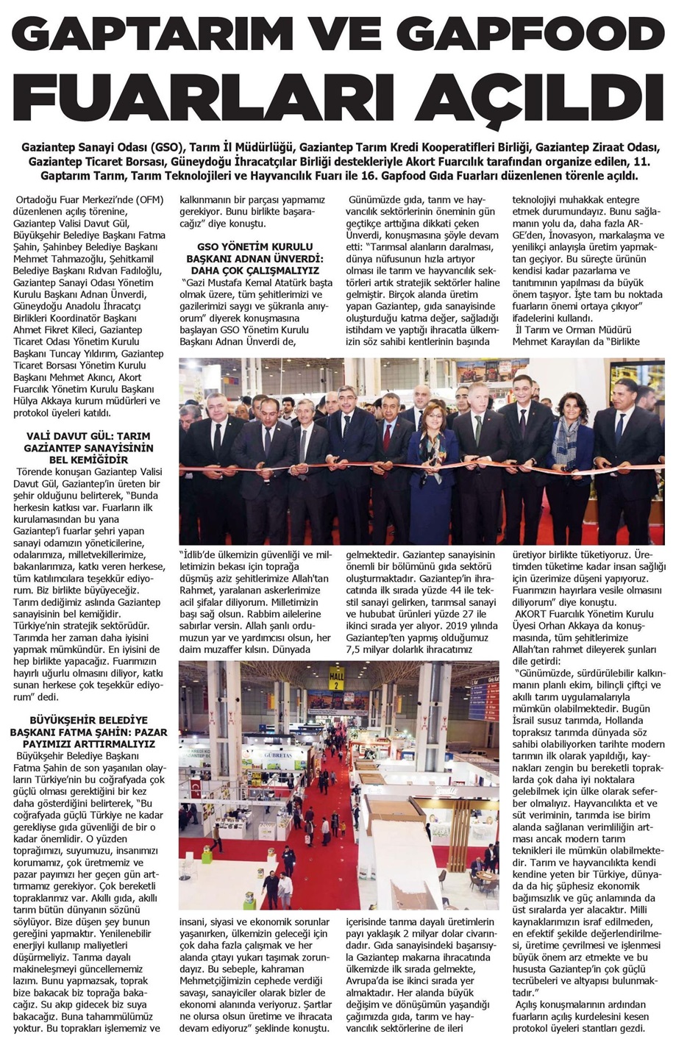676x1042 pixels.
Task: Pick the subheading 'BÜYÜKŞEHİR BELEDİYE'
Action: (x=88, y=720)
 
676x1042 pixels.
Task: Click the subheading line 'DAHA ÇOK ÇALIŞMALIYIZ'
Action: (x=255, y=270)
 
